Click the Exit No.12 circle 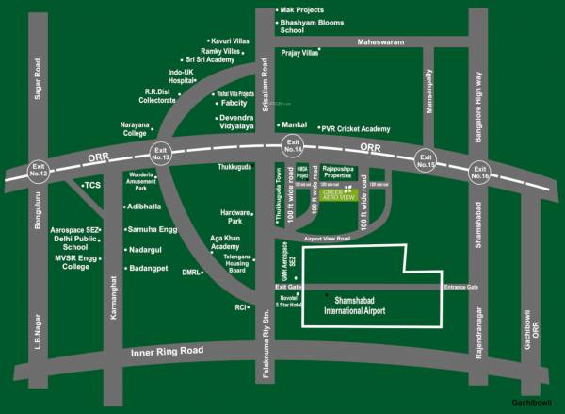click(38, 171)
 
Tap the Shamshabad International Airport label click(361, 305)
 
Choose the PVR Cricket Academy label click(356, 128)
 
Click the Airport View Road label click(329, 240)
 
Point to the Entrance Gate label click(461, 287)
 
